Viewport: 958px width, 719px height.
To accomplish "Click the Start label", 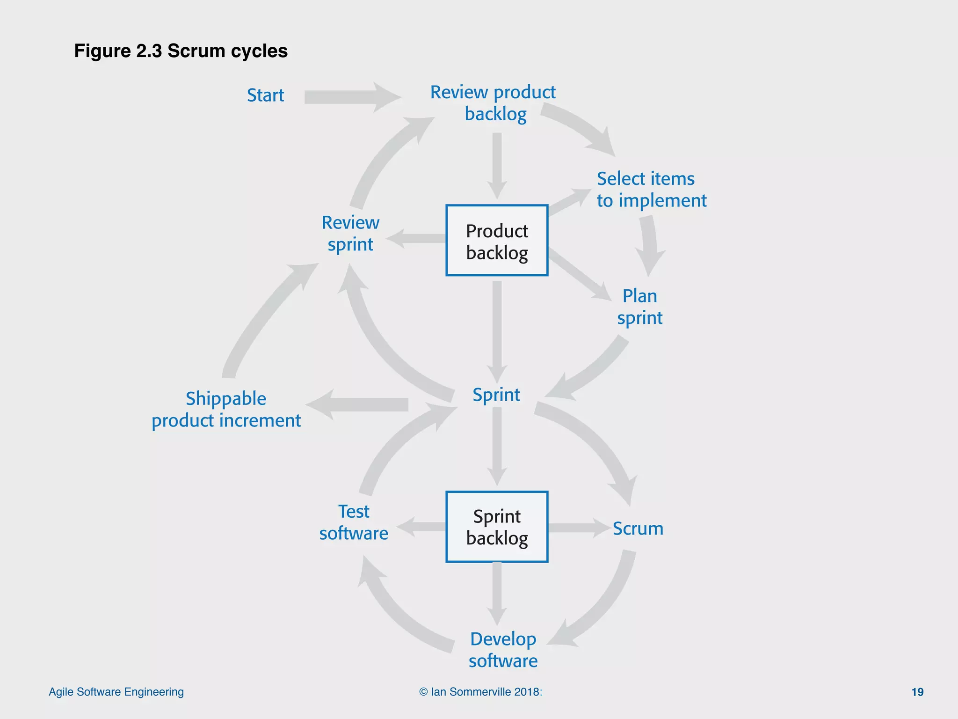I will pos(265,95).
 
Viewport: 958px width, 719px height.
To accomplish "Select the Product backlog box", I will pos(497,241).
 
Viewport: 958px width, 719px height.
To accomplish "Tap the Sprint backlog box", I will pos(497,527).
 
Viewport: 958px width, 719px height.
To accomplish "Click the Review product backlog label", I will pos(493,103).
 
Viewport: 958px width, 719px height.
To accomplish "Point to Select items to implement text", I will pos(651,190).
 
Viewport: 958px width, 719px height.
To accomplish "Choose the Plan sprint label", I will pos(639,307).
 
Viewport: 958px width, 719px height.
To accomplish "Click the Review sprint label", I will pos(350,234).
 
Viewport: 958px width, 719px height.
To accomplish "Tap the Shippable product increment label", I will pos(226,410).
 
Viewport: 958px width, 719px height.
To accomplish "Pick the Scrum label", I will pos(638,528).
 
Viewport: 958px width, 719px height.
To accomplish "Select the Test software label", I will pos(354,522).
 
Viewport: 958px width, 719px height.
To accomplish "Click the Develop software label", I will pos(503,650).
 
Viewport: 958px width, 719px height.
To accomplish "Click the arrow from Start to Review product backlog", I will pos(351,97).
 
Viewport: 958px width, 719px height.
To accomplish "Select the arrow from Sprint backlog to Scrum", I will pos(578,528).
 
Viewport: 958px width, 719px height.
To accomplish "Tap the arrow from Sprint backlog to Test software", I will pos(421,527).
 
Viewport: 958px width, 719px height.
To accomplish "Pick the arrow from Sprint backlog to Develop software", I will pos(497,592).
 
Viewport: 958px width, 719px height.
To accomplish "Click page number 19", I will pos(917,692).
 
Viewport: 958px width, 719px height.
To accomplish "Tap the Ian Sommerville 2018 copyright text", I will pos(480,692).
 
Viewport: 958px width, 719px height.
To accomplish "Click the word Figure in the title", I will pos(102,51).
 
